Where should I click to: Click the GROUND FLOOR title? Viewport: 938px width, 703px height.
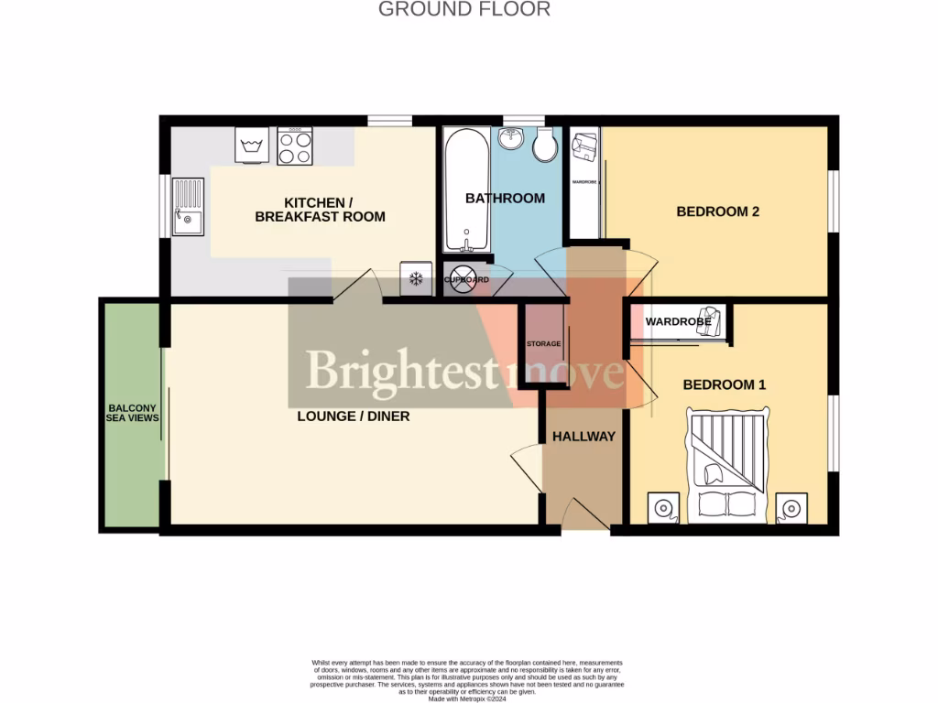tap(464, 10)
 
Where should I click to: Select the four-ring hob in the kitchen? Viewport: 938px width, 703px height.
tap(295, 146)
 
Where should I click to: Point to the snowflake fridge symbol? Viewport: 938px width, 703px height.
tap(415, 278)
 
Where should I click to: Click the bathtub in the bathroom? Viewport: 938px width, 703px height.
tap(466, 190)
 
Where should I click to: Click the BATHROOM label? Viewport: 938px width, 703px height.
tap(505, 198)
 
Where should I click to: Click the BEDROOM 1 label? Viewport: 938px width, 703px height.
tap(725, 384)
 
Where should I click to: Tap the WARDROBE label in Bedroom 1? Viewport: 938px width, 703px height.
tap(679, 322)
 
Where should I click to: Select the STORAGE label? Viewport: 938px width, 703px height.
tap(543, 344)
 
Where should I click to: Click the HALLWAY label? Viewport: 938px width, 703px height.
tap(584, 437)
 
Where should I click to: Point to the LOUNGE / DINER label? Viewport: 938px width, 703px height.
tap(353, 416)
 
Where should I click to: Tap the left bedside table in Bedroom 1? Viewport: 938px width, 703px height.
tap(663, 507)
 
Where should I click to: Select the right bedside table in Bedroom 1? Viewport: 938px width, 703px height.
tap(791, 507)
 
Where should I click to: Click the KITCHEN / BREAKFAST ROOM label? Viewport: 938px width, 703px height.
tap(320, 210)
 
